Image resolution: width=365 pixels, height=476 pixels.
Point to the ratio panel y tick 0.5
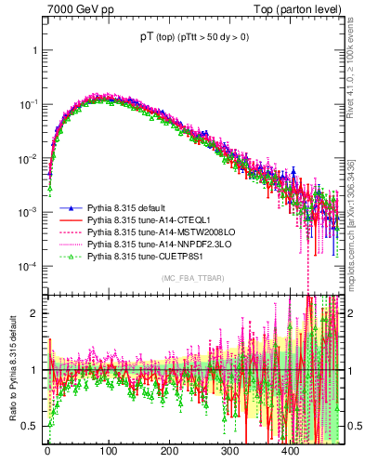click(x=34, y=426)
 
